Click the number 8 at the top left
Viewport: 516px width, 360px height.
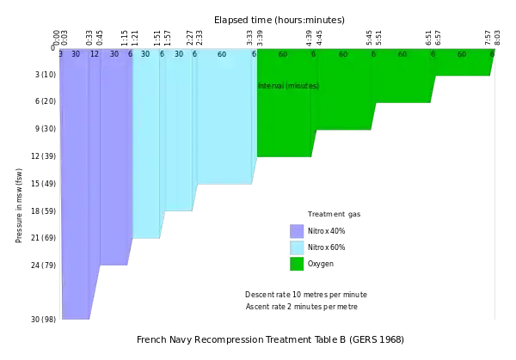pos(60,54)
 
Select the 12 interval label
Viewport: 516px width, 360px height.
pos(94,54)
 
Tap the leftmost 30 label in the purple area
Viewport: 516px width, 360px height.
pos(76,54)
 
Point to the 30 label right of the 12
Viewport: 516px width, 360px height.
pos(114,54)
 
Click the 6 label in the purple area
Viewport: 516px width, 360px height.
pos(130,54)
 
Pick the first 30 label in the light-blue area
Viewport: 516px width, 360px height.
pos(145,54)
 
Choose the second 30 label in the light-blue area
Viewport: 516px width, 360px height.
pos(179,54)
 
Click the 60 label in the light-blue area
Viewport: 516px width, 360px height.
pos(222,54)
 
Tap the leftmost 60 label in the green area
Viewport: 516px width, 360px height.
pos(283,54)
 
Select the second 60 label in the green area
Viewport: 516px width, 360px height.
pos(343,54)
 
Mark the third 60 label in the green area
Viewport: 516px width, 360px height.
pos(402,54)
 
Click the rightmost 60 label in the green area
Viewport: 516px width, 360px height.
pos(462,54)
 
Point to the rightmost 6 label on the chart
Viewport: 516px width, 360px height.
pos(492,54)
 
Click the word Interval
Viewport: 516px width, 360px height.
pos(271,86)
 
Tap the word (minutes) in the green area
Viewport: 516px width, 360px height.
pos(303,86)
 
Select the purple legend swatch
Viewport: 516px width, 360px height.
pos(297,231)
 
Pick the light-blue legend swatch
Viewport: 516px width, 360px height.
pos(297,247)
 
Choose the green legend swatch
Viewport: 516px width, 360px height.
pos(297,263)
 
